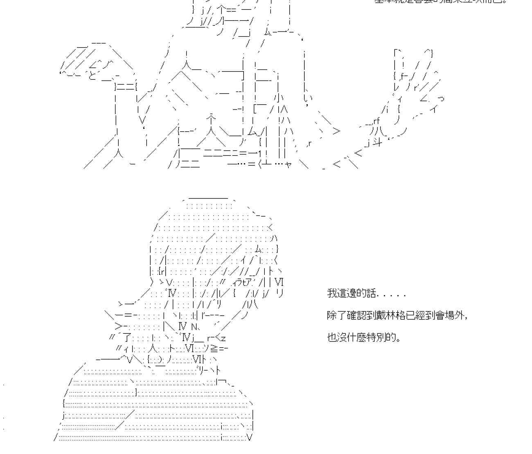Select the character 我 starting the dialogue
tap(331, 293)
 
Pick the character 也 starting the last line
tap(331, 337)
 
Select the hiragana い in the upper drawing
tap(308, 98)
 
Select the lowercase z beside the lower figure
tap(223, 338)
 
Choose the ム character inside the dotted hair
tap(259, 249)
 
